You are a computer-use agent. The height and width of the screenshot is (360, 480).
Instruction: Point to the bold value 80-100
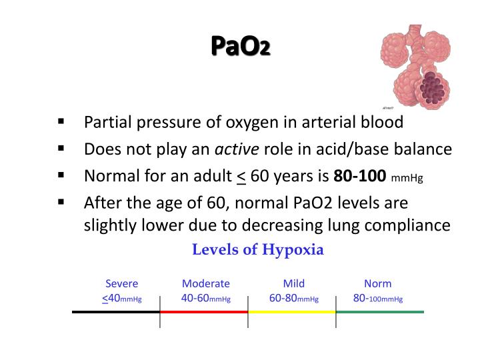click(360, 176)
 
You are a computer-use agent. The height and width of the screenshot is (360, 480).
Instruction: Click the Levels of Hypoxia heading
click(258, 250)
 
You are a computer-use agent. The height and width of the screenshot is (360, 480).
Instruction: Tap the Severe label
click(121, 283)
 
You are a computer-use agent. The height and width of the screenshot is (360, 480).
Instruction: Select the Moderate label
click(205, 283)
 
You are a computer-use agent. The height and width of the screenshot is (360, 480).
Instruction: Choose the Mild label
click(293, 283)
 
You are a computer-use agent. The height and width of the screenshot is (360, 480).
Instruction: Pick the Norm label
click(378, 283)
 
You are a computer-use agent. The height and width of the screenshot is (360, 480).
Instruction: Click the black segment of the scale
click(116, 311)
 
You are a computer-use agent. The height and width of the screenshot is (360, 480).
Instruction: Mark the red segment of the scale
click(204, 311)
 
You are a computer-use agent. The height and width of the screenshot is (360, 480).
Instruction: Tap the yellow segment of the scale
click(292, 311)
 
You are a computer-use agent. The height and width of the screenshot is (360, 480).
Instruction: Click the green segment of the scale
click(380, 311)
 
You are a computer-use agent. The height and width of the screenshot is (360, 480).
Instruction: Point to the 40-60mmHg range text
click(205, 298)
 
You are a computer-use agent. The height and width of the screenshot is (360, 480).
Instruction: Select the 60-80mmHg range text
click(293, 298)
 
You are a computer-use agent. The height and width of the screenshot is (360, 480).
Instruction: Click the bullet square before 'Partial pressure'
click(61, 122)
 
